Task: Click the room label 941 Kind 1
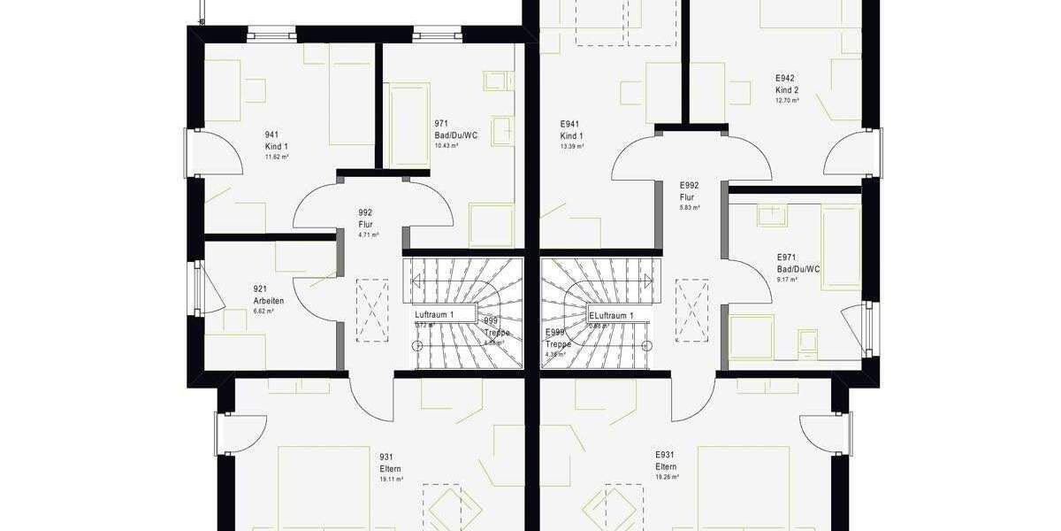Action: coord(276,141)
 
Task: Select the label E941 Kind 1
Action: coord(571,130)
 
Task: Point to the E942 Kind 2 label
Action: coord(787,84)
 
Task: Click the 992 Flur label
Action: coord(366,219)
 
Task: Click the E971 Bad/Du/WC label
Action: coord(798,263)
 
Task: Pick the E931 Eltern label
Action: coord(666,460)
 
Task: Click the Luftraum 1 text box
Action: coord(434,315)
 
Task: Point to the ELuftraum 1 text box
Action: coord(611,316)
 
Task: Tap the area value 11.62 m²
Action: coord(277,157)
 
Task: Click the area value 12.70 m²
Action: coord(787,101)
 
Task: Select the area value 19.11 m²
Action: coord(392,479)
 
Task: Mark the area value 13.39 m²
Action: coord(572,146)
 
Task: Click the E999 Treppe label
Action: coord(558,339)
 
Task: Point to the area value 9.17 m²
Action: coord(787,280)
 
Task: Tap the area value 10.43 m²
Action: coord(446,145)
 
